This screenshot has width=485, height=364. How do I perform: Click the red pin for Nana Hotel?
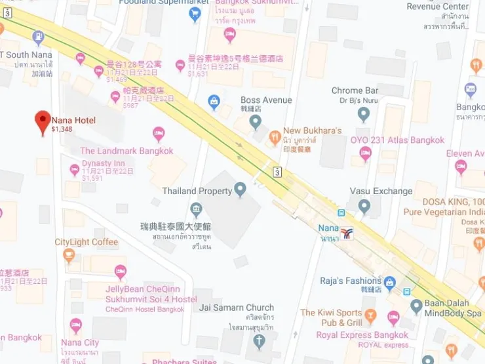pos(43,121)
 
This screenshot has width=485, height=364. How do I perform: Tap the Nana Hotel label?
pos(73,120)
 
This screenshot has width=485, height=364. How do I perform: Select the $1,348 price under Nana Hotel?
pos(62,129)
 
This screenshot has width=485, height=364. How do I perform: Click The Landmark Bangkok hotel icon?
pos(159,134)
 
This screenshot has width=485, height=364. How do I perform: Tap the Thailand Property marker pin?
pos(241,190)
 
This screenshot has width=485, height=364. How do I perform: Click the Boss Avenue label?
pos(266,100)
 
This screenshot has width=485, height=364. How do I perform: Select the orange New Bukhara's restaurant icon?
pos(275,137)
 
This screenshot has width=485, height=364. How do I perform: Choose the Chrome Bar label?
pos(355,91)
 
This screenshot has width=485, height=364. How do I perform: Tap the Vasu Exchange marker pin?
pos(364,206)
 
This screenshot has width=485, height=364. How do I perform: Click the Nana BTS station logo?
pos(347,233)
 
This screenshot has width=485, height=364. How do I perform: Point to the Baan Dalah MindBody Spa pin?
pos(416,306)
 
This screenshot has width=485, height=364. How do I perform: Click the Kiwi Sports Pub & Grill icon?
pos(370,317)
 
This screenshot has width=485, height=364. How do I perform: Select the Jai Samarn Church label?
pos(227,308)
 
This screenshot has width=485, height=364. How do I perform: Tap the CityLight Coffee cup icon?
pos(69,256)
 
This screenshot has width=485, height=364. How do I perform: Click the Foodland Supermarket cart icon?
pos(195,14)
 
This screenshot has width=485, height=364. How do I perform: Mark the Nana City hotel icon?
pos(76,325)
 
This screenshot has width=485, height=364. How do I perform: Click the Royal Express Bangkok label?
pos(362,335)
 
